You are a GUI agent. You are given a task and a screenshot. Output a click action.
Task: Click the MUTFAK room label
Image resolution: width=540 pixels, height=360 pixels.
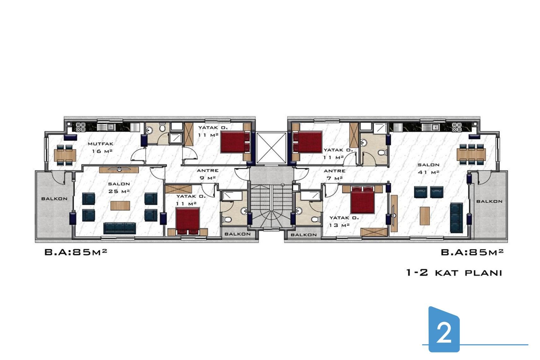point(100,144)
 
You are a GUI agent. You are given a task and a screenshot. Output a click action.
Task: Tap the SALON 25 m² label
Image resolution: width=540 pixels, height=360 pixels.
point(119,188)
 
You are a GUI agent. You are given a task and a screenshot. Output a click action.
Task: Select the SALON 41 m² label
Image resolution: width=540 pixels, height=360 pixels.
point(429,169)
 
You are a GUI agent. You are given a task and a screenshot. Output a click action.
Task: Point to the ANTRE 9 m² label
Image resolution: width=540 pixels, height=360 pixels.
point(207,174)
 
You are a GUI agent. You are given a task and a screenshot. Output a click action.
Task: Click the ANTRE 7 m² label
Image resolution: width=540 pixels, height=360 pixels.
point(335,175)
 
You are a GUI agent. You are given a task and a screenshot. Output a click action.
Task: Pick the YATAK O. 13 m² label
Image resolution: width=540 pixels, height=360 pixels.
point(344,221)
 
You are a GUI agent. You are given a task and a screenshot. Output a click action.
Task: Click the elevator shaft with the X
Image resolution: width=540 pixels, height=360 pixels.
point(271,148)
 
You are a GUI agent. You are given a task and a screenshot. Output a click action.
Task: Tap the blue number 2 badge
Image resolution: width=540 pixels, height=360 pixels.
point(444,329)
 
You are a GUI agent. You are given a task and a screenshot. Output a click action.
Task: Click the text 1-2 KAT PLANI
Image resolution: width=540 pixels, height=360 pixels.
point(454,273)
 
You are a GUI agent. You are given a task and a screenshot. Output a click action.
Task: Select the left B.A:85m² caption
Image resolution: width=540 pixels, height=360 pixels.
point(76,252)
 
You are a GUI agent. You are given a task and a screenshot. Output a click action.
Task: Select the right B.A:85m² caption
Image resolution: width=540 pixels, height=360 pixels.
point(472,252)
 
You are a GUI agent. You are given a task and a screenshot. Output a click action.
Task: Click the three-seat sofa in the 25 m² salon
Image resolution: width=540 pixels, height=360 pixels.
point(120,228)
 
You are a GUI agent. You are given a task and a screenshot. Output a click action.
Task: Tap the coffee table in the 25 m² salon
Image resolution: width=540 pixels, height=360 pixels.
point(120,206)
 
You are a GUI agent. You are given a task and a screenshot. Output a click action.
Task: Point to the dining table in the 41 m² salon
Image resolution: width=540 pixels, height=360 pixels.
point(471,154)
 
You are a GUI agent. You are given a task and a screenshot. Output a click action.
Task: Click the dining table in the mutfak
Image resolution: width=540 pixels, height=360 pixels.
point(65,155)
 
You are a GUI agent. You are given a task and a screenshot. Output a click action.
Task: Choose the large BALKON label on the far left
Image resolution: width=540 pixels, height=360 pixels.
point(55,199)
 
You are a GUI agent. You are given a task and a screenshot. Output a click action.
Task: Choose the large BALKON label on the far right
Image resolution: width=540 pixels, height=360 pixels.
point(489,201)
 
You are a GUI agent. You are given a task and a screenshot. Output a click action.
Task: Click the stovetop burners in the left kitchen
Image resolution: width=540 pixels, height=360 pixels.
point(81,127)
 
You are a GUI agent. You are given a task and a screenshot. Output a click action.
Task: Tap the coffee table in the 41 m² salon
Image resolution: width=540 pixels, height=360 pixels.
point(425,216)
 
